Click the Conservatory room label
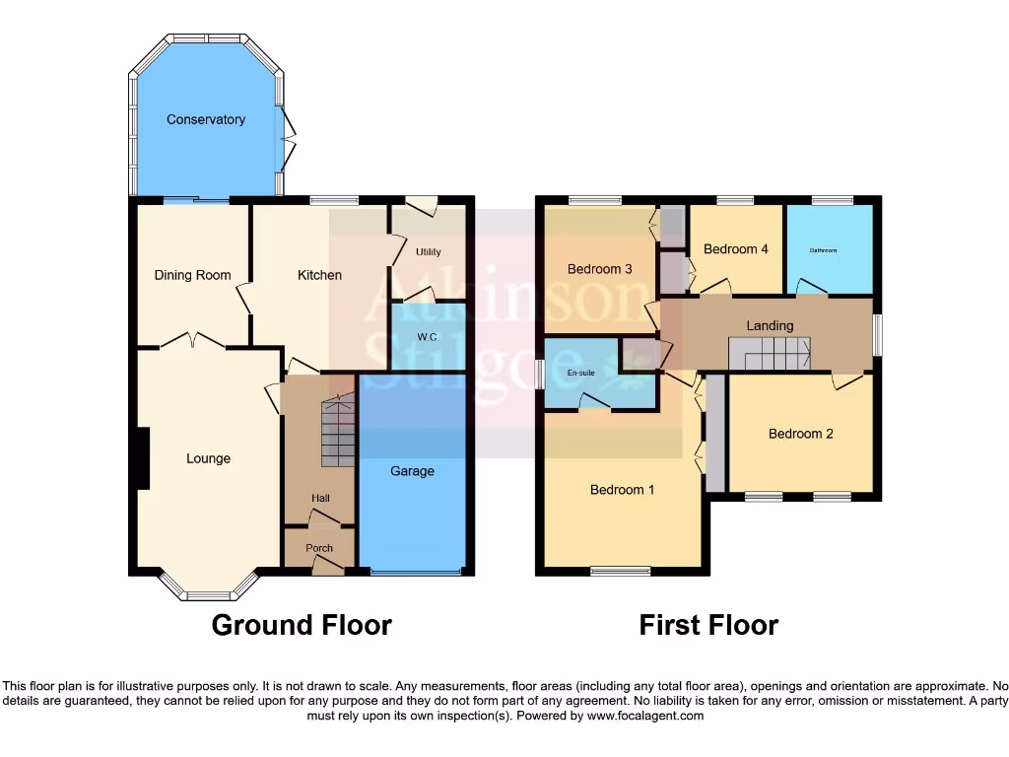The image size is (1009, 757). [x=206, y=119]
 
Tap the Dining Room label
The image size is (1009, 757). [x=192, y=275]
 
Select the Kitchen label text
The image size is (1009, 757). [x=319, y=275]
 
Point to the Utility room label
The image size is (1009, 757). [x=428, y=252]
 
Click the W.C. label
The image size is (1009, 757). [x=428, y=337]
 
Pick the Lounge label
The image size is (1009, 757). [x=208, y=458]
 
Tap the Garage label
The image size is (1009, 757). [x=412, y=471]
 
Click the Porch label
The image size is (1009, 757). [x=319, y=548]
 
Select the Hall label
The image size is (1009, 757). [x=320, y=499]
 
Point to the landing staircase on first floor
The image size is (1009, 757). [x=770, y=353]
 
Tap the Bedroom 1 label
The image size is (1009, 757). [x=622, y=490]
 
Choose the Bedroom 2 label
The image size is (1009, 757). [x=801, y=434]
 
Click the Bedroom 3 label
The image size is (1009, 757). [x=599, y=269]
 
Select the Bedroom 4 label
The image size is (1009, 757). [x=736, y=249]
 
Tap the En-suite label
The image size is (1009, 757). [x=582, y=374]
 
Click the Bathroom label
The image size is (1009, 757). [x=823, y=250]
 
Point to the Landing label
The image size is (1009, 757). [x=770, y=325]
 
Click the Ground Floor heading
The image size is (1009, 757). [x=302, y=625]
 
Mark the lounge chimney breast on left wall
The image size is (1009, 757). [x=143, y=458]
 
